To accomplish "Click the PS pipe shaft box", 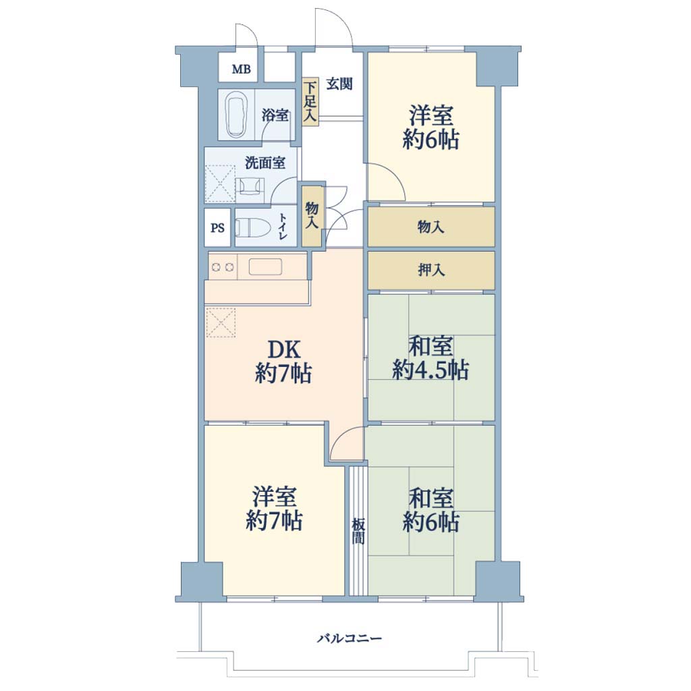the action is click(217, 227).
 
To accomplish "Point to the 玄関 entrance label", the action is click(339, 84).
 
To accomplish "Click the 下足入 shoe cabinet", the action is click(310, 102).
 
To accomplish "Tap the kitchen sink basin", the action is click(265, 267).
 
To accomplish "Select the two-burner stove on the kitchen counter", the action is click(223, 267).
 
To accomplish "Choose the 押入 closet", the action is click(431, 270).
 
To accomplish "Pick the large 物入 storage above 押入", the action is click(431, 227).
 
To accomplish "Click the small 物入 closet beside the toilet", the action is click(312, 217).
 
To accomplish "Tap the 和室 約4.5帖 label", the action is click(431, 358).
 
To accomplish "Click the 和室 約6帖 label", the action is click(431, 510).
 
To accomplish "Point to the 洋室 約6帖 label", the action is click(431, 128).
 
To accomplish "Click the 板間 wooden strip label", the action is click(358, 531).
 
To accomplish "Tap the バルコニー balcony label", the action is click(349, 638).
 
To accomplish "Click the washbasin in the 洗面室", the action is click(250, 187).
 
